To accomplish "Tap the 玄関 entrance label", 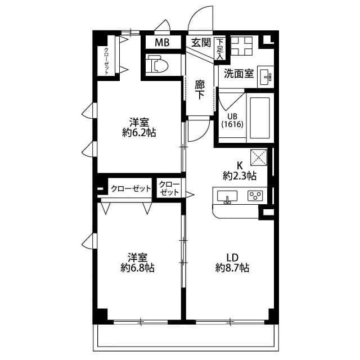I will pos(200,42).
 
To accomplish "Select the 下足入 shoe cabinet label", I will pos(220,47).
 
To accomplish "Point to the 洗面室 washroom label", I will pos(239,73).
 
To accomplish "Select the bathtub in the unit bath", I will pos(259,118).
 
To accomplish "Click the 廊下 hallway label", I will pos(200,89).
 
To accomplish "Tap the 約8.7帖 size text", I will pos(232,268).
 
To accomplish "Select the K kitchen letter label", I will pos(239,165).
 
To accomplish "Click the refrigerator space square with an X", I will pos(258,156).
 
